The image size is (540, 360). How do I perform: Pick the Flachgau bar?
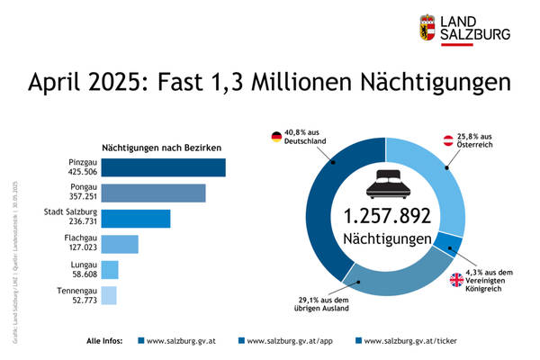coord(120,244)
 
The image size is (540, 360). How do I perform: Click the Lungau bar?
coord(110,269)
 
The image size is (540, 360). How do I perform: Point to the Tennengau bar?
coord(109,294)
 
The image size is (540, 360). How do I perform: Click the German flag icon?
coord(276,138)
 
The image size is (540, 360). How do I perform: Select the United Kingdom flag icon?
coord(456,280)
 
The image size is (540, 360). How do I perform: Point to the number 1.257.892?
coord(386,216)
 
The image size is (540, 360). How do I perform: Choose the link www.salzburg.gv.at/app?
coord(285,341)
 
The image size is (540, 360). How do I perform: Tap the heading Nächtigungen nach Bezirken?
coord(162,147)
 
